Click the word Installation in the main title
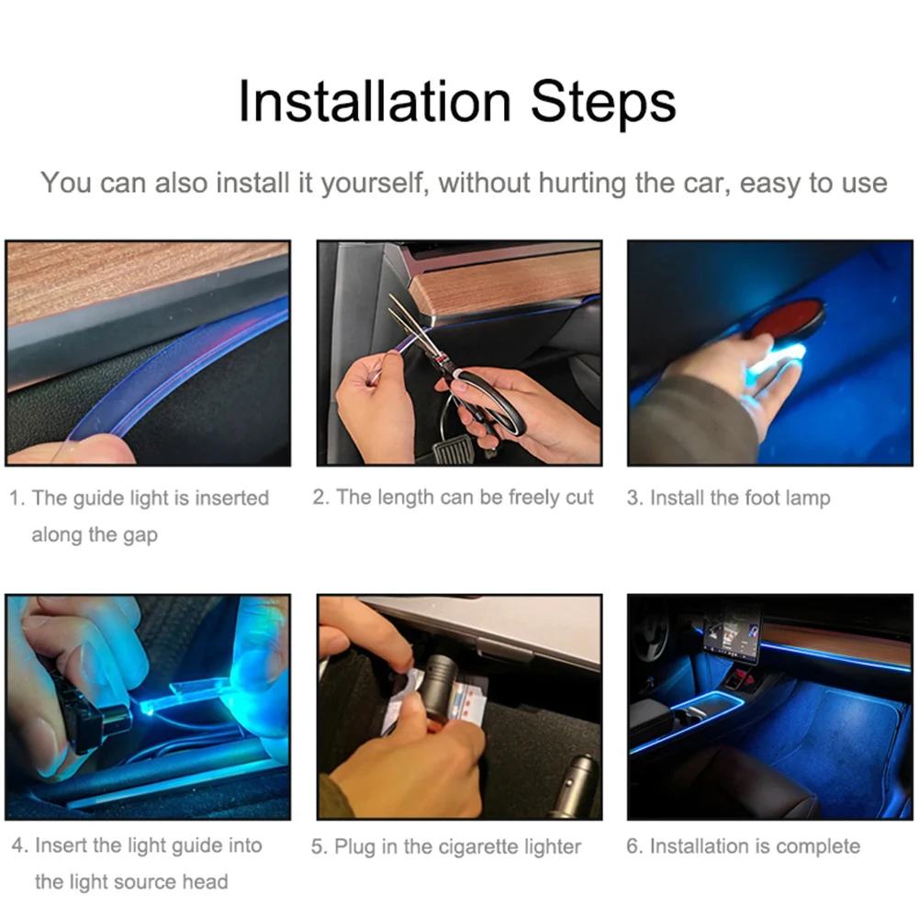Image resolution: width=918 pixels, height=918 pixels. tap(375, 102)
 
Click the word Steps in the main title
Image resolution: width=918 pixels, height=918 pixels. tap(603, 105)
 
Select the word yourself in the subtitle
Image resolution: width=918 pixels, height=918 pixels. tap(372, 184)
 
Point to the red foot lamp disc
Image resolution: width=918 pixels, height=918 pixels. tap(788, 319)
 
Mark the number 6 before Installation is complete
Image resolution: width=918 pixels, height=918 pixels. tap(633, 846)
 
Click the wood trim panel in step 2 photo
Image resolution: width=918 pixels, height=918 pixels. tap(507, 284)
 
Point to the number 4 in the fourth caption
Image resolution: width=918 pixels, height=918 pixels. tap(17, 845)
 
